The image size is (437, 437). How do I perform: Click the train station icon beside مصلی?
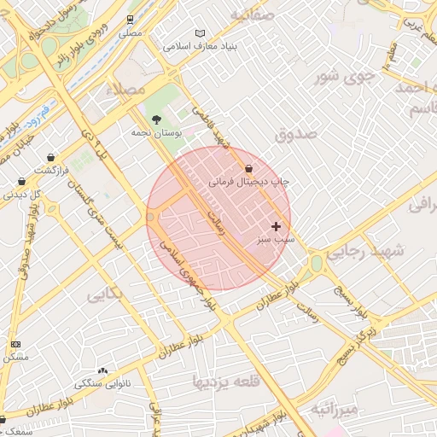click(130, 18)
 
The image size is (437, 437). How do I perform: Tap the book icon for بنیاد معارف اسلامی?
click(201, 32)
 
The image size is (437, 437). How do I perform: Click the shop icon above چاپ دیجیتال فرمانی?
click(248, 168)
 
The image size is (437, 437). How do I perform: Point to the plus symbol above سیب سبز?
click(275, 226)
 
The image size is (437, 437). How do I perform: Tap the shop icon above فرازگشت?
click(52, 157)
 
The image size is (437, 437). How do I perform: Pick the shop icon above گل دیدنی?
click(22, 181)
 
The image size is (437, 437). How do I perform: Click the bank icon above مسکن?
click(15, 343)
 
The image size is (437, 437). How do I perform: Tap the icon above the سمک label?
click(3, 419)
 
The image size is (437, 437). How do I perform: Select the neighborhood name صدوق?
click(296, 134)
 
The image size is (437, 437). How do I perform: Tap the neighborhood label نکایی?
click(106, 295)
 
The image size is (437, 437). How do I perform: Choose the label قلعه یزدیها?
click(225, 382)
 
